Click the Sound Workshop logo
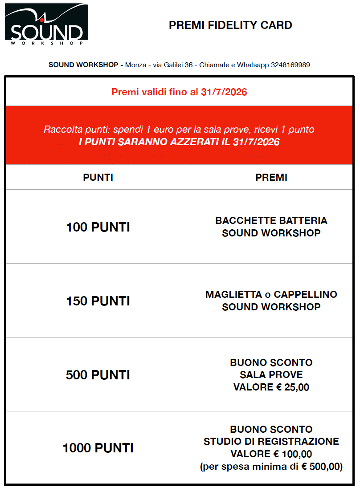46,25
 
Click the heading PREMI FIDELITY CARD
230,25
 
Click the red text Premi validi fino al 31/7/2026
179,93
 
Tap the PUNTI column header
98,177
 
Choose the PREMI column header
271,177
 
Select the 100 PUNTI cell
98,227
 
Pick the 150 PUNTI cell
98,301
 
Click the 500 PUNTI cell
98,375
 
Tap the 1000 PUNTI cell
98,448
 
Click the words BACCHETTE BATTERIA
271,221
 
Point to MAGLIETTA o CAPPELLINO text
271,295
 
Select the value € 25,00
292,387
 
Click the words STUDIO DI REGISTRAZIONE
271,442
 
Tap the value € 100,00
292,454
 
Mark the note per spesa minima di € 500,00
271,467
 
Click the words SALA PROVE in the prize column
271,375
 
